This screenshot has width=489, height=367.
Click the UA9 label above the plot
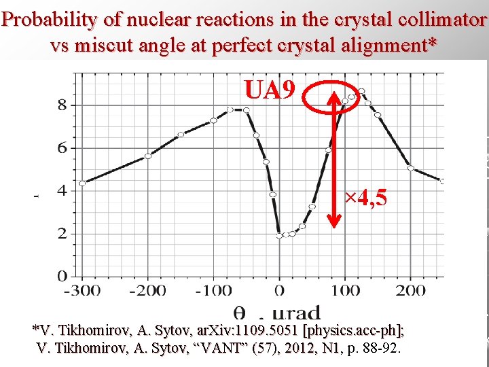(x=270, y=90)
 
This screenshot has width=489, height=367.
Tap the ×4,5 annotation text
(x=365, y=198)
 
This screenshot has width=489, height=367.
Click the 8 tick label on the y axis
(x=62, y=105)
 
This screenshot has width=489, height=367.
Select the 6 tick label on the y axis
(x=62, y=148)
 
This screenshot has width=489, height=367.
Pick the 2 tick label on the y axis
(x=62, y=234)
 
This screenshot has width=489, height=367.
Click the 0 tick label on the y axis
(x=62, y=277)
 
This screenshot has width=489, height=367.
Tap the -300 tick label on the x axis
(x=82, y=291)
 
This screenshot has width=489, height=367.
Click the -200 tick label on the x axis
(x=147, y=291)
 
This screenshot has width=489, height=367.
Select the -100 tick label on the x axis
(x=213, y=291)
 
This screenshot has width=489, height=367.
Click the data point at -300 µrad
(x=82, y=183)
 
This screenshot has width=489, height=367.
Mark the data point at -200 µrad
(x=148, y=156)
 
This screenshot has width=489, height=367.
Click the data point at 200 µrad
(x=410, y=168)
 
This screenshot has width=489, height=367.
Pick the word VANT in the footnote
(x=223, y=349)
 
